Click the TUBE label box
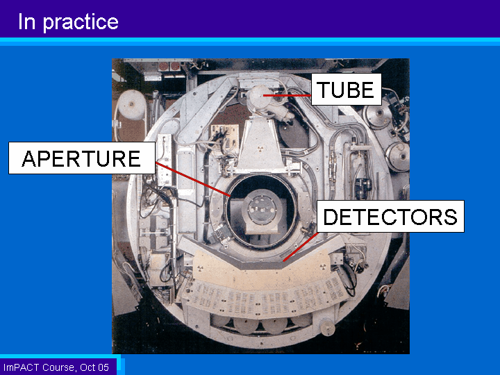tap(347, 90)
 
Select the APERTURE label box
tap(82, 158)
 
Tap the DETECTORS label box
tap(390, 216)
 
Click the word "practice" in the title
tap(81, 22)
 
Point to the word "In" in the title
tap(26, 22)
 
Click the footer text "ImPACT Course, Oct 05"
tap(56, 367)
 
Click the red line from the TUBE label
tap(287, 95)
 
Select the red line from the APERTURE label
tap(193, 179)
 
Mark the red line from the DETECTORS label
tap(301, 247)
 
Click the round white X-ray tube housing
tap(260, 97)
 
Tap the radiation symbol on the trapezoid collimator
tap(260, 149)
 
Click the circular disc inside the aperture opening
tap(262, 210)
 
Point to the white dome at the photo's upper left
tap(132, 105)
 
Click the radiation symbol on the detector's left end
tap(200, 268)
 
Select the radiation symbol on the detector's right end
tap(323, 266)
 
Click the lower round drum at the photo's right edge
tap(398, 156)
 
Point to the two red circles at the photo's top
tap(169, 67)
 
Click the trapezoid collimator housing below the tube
tap(260, 145)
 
